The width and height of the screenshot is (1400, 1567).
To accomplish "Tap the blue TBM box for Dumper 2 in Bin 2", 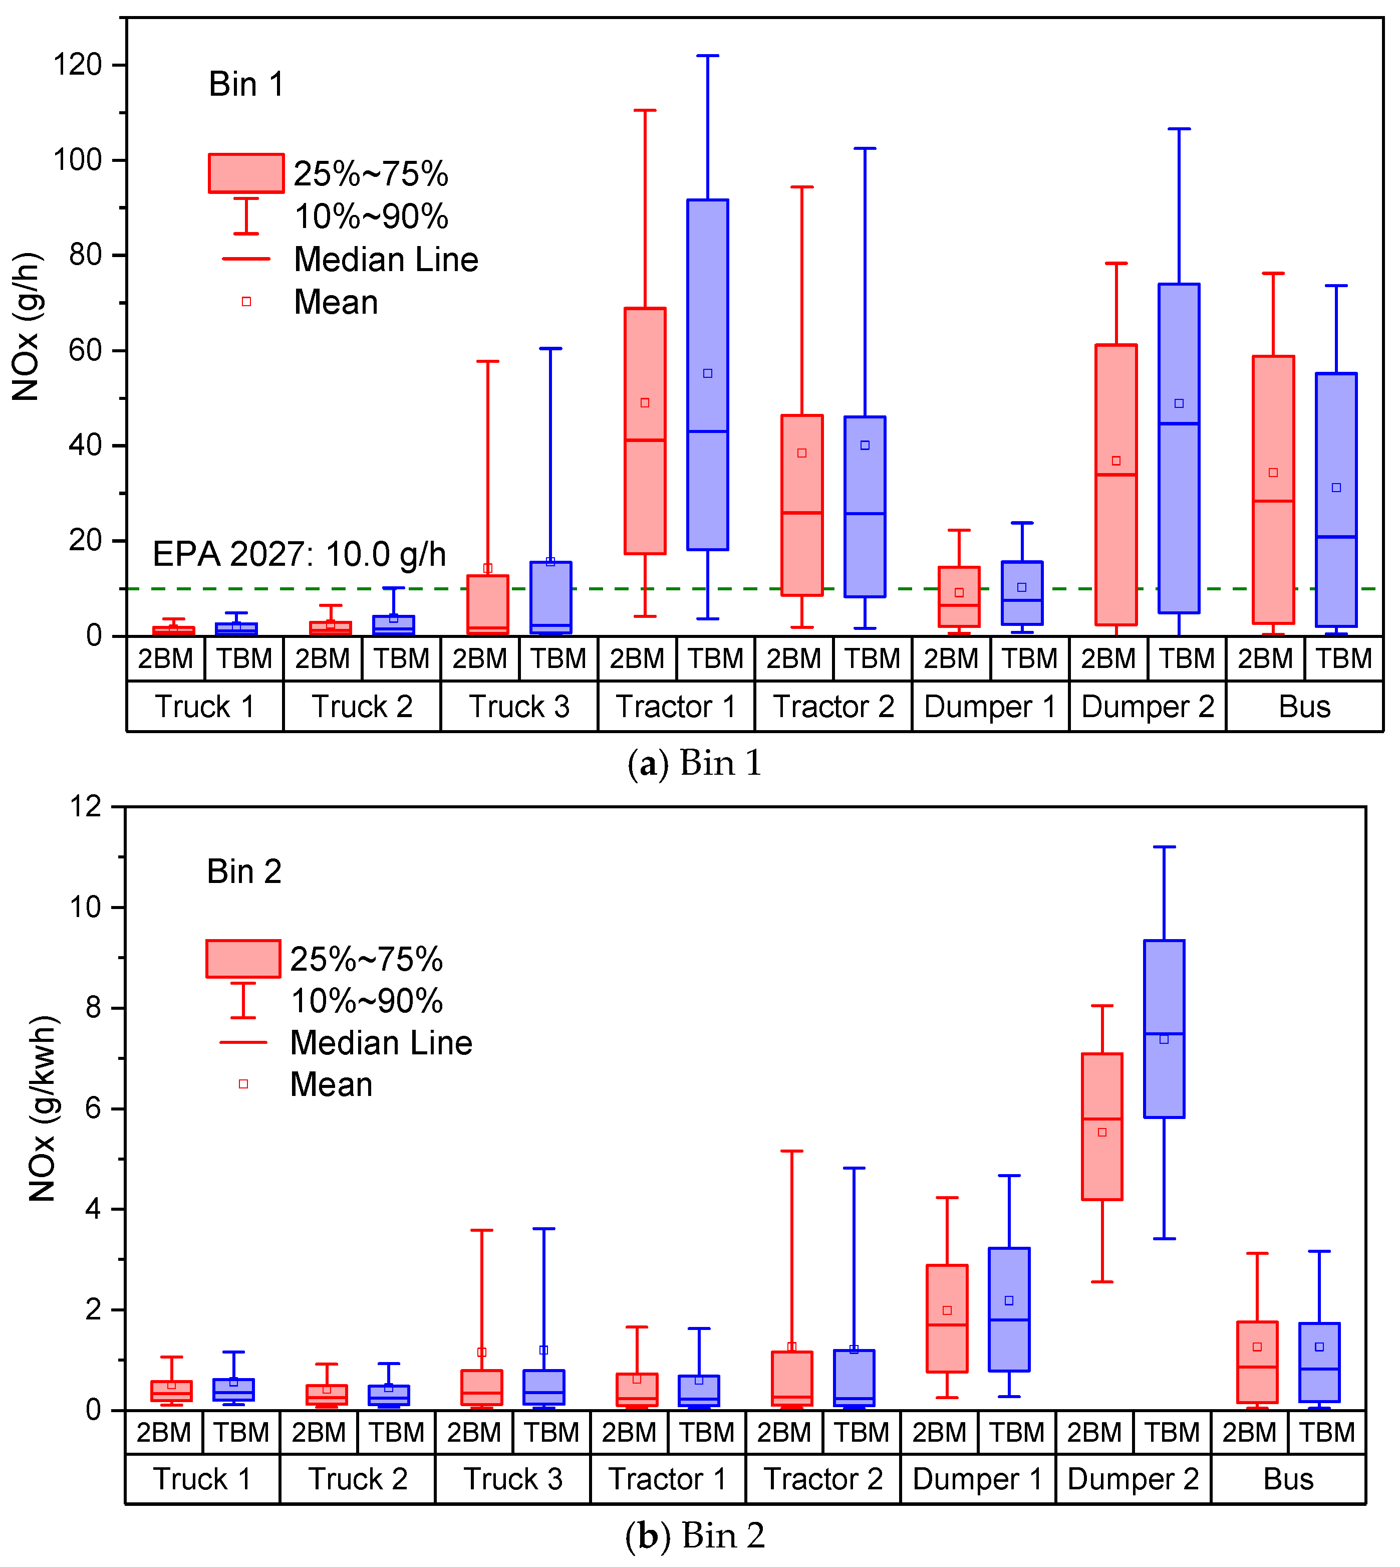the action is [1164, 1028].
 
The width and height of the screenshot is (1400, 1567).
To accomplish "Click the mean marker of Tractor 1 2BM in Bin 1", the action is [645, 402].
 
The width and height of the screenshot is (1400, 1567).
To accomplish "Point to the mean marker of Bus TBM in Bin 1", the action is [1336, 487].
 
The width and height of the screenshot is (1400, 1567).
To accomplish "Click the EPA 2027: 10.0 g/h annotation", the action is [299, 554].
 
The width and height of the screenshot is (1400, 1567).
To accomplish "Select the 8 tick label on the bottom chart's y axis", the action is [93, 1008].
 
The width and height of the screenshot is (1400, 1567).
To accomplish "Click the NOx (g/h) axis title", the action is [26, 326].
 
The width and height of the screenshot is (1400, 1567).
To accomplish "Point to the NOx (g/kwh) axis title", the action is [42, 1108].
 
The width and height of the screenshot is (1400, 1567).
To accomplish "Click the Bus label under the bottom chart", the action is [1288, 1479].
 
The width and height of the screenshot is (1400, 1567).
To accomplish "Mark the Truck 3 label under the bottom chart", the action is [512, 1479].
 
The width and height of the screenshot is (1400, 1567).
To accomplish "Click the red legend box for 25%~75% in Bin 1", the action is [246, 173].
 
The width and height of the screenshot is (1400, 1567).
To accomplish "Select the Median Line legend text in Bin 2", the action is [381, 1043].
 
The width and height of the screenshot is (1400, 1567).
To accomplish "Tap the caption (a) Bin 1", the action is [695, 764].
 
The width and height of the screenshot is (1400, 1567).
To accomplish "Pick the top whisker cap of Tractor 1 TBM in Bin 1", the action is [708, 56].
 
